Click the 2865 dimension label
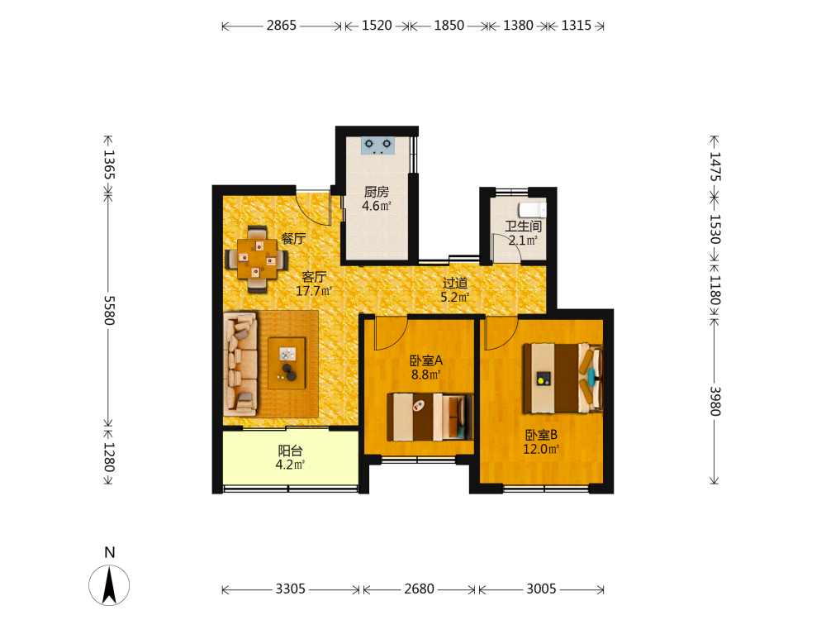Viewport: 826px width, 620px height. [282, 26]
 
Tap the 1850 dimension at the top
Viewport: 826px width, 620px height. [449, 26]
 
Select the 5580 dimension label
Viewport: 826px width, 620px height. [109, 310]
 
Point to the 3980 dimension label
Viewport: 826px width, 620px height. [714, 401]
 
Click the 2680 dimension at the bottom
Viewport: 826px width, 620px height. [420, 589]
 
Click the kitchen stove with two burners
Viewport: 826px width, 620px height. [377, 145]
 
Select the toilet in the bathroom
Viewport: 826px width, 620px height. [533, 209]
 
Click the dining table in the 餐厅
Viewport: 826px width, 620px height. [257, 259]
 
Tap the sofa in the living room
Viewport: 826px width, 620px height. [240, 365]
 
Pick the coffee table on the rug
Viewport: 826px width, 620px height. [287, 363]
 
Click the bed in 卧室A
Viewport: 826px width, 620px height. [430, 417]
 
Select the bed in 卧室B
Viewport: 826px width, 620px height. [562, 378]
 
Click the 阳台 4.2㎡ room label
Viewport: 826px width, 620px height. [290, 458]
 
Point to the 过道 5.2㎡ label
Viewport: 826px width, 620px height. [455, 290]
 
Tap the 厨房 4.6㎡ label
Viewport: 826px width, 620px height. [377, 198]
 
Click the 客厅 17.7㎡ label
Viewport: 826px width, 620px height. [313, 284]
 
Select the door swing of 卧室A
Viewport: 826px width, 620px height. [391, 334]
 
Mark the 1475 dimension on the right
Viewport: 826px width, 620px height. [714, 167]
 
